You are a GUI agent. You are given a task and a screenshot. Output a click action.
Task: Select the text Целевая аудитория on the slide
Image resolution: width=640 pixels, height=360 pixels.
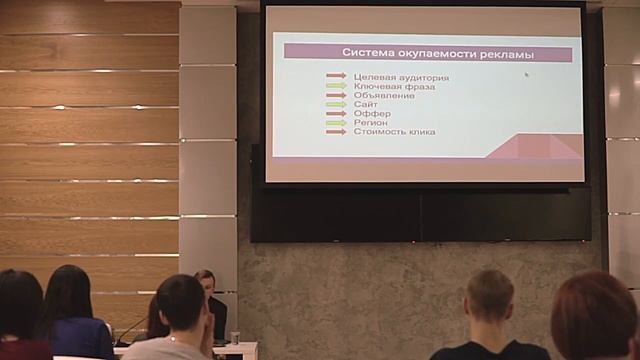[x=401, y=77]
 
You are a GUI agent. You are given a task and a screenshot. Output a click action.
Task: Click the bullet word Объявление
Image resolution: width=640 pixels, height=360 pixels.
[x=383, y=95]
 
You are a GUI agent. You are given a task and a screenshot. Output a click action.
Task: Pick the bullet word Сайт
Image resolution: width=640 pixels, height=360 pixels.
[x=365, y=104]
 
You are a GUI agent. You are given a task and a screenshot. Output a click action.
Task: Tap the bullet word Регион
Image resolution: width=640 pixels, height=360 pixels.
[x=370, y=122]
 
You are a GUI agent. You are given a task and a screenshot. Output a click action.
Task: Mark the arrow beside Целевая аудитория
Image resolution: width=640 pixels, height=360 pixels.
[x=336, y=77]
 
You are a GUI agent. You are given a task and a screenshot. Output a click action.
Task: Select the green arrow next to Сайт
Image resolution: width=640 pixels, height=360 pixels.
[x=336, y=104]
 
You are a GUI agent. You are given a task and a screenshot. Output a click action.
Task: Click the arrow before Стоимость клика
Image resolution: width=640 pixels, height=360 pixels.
[x=336, y=131]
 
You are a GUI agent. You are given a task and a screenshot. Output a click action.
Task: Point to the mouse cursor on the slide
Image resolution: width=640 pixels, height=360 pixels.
[x=526, y=74]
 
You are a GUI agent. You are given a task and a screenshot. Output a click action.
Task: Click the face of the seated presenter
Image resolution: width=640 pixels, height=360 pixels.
[x=205, y=284]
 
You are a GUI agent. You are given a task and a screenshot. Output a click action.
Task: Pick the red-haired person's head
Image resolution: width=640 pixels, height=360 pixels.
[x=594, y=316]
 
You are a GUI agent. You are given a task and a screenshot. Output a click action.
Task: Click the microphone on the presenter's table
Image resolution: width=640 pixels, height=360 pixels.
[x=130, y=331]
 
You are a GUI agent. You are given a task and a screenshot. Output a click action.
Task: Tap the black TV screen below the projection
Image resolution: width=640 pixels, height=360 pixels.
[x=420, y=215]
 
